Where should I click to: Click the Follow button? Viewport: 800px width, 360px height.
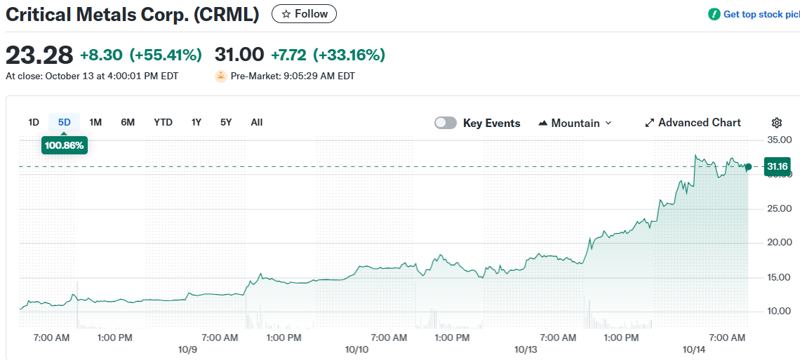pos(304,14)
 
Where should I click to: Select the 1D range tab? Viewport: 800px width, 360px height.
pos(34,122)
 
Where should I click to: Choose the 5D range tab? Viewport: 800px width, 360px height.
pos(65,122)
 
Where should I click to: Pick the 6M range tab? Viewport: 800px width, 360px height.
pos(128,122)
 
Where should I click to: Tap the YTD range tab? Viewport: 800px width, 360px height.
pos(163,122)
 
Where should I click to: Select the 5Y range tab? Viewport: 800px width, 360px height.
pos(225,122)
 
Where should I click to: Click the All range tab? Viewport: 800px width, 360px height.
pos(257,122)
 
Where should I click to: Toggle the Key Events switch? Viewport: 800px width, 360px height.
pos(446,123)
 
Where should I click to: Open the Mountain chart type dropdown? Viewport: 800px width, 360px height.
pos(575,123)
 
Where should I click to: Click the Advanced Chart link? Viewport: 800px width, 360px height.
pos(693,123)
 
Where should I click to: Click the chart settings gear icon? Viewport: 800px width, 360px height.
pos(776,123)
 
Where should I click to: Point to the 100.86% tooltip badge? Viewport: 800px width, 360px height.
pos(64,146)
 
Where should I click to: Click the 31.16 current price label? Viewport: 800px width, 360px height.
pos(777,166)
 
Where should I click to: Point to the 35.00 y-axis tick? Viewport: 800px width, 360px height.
pos(779,140)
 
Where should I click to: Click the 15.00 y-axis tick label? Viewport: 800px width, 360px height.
pos(779,277)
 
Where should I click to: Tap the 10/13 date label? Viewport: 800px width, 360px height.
pos(526,349)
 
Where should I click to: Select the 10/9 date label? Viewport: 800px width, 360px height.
pos(188,349)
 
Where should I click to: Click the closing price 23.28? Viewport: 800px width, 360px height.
pos(39,54)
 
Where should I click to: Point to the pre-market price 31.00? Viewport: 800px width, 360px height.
pos(239,54)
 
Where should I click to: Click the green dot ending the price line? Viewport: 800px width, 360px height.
pos(748,166)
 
